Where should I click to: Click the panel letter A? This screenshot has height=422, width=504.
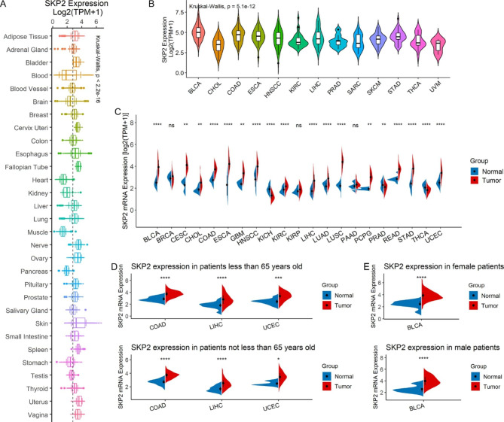5,5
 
